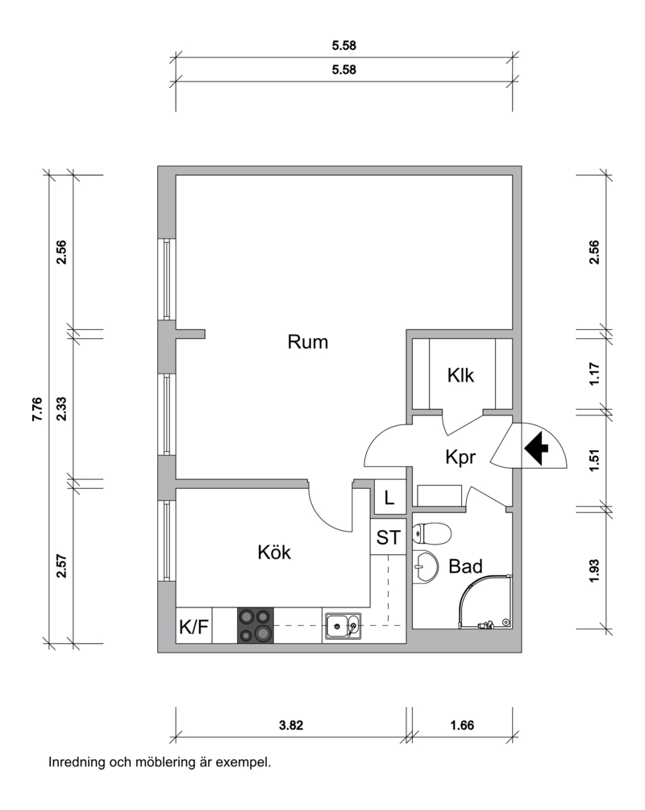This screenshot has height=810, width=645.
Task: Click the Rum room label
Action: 308,342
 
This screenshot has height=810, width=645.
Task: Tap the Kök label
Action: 274,552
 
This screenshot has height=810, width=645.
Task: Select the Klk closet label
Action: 460,376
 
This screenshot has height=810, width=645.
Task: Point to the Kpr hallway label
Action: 460,457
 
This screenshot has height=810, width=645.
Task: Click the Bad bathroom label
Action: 465,566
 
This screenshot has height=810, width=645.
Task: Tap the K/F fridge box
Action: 193,625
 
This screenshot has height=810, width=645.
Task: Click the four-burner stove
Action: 256,625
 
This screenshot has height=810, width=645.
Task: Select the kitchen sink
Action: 343,626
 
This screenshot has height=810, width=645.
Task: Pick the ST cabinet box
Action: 389,537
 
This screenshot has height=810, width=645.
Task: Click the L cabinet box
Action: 389,498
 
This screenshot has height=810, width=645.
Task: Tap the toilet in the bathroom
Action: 431,533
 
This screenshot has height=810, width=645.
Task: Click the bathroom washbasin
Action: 425,567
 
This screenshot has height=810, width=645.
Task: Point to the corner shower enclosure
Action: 485,602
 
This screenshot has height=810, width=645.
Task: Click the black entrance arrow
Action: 536,448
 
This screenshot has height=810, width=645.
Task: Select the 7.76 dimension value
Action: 38,409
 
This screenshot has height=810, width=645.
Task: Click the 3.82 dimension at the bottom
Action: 291,725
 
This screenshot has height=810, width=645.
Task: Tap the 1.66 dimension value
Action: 462,725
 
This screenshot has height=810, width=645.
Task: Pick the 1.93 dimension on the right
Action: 594,571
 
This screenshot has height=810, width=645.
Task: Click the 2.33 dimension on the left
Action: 61,408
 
